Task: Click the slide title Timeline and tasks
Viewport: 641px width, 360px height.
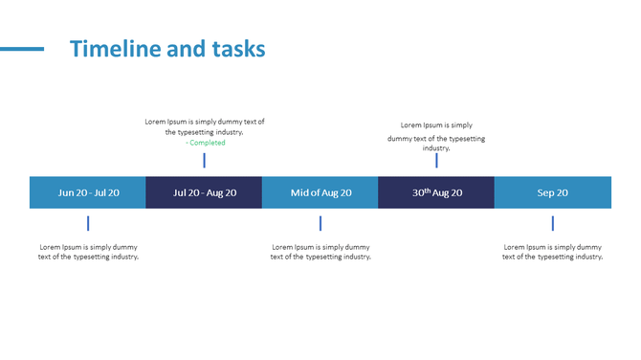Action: pos(167,49)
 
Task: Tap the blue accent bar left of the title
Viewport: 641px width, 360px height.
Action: pos(22,49)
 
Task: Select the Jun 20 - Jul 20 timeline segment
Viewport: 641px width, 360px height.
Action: pos(88,192)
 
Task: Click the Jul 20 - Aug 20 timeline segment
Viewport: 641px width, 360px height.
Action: pos(204,192)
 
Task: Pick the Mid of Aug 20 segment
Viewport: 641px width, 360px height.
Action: pos(320,192)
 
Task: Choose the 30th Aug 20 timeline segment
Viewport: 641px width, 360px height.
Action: pos(436,192)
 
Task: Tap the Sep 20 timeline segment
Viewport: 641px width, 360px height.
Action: pos(553,192)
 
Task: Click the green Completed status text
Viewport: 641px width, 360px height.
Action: pos(205,143)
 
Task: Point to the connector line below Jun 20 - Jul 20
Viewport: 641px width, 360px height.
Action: pos(88,223)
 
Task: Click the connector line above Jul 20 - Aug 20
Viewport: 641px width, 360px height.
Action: pos(204,160)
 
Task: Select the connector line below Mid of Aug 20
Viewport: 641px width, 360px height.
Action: pos(320,223)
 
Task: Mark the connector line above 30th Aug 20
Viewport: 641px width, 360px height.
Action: pos(436,161)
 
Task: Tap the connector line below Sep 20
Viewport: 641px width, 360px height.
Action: pos(553,223)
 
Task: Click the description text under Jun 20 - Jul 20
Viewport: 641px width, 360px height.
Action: pos(88,252)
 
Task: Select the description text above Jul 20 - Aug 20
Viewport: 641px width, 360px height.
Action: pos(205,126)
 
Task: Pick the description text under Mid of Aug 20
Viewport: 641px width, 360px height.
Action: pos(320,252)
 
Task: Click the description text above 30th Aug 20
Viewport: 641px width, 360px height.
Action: pos(436,137)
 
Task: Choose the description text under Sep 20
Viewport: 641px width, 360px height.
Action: pos(553,252)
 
